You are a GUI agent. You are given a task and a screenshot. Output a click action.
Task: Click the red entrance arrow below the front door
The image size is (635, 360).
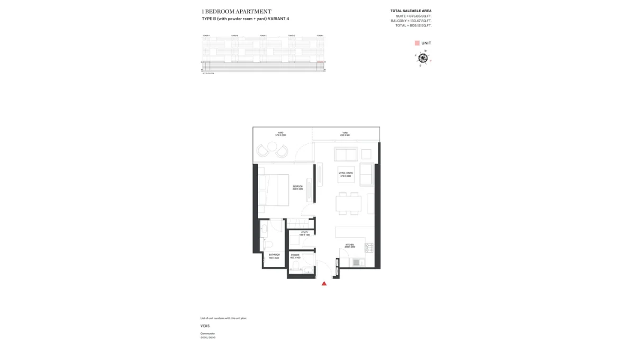pyautogui.click(x=324, y=284)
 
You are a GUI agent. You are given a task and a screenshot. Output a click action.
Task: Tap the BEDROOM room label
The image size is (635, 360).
pyautogui.click(x=298, y=186)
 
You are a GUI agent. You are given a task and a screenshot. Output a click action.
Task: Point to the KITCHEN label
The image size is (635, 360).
pyautogui.click(x=350, y=245)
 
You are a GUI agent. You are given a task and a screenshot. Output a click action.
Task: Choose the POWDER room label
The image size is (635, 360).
pyautogui.click(x=295, y=255)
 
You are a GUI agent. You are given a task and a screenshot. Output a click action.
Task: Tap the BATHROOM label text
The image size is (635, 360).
pyautogui.click(x=274, y=255)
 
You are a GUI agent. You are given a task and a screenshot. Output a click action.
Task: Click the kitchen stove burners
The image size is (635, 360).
pyautogui.click(x=369, y=247)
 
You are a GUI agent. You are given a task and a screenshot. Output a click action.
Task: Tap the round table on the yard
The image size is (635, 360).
pyautogui.click(x=272, y=151)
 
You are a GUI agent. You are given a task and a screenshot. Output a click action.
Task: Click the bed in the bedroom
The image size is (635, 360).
pyautogui.click(x=274, y=190)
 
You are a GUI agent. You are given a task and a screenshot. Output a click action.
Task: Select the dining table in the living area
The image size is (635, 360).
pyautogui.click(x=348, y=204)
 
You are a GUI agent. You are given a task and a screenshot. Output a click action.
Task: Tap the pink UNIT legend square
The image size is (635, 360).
pyautogui.click(x=417, y=43)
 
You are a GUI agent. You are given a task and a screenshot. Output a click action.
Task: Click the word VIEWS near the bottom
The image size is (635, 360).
pyautogui.click(x=205, y=326)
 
